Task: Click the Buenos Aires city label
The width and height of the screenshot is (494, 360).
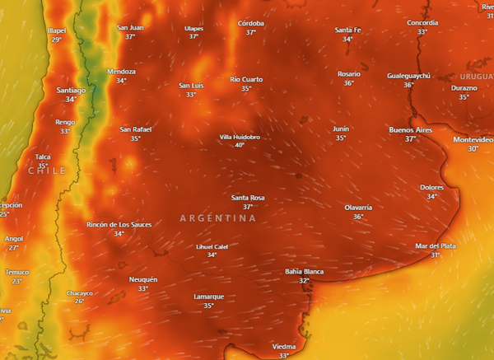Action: [x=411, y=130]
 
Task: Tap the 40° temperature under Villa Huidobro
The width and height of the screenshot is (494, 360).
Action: [x=240, y=145]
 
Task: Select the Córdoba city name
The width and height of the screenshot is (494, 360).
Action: [x=250, y=23]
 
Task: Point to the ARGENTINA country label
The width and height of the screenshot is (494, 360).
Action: [x=217, y=218]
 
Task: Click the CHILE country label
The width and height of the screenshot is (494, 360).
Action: [x=46, y=171]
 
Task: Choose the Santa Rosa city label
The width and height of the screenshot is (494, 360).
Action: [x=248, y=198]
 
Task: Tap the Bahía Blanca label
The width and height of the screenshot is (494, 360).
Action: [x=304, y=271]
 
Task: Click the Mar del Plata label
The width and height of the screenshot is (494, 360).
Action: [x=435, y=245]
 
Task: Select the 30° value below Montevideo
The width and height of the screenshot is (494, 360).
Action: [x=473, y=149]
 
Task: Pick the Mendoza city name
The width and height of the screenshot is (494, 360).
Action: [x=121, y=72]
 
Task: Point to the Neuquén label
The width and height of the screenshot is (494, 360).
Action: [x=143, y=279]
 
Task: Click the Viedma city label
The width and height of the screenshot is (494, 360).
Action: [x=283, y=347]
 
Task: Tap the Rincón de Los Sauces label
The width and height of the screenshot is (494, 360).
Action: [x=119, y=224]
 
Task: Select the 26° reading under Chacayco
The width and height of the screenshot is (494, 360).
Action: [x=80, y=302]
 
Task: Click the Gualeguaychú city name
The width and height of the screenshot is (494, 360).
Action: [x=408, y=76]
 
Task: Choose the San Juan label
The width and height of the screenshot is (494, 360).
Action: [x=130, y=27]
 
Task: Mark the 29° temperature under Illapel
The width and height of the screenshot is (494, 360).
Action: [x=57, y=40]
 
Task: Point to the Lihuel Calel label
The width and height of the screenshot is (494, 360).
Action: [x=212, y=246]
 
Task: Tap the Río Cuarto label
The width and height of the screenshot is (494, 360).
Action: [x=246, y=79]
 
